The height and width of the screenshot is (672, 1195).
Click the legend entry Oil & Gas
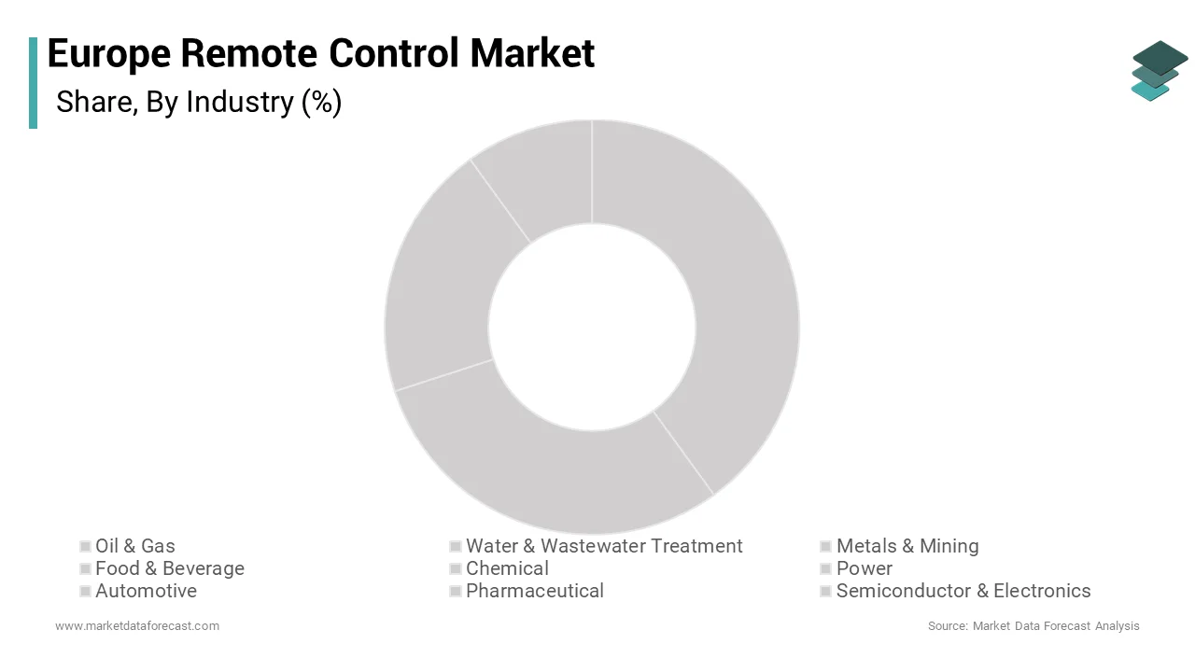tap(134, 546)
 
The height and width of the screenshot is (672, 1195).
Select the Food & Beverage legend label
tap(169, 568)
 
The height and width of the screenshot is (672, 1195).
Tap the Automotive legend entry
tap(146, 591)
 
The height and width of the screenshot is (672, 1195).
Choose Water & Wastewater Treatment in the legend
tap(603, 546)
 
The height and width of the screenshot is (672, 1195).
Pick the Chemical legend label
tap(507, 568)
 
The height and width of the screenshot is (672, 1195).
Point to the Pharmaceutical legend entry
tap(534, 591)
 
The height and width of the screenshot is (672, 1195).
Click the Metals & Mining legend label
tap(907, 546)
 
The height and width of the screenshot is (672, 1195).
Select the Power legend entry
tap(864, 568)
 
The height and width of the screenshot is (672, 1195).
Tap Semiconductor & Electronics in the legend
tap(963, 591)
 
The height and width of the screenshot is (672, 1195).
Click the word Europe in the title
tap(108, 53)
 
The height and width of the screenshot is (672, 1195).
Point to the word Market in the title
tap(532, 53)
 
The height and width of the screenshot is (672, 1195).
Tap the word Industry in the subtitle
tap(240, 102)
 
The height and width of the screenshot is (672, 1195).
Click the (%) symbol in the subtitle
tap(321, 102)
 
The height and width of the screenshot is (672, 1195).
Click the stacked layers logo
tap(1159, 70)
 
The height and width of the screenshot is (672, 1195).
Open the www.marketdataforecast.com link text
tap(137, 625)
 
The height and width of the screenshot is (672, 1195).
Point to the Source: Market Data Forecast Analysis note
tap(1033, 625)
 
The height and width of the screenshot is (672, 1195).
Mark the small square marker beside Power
tap(826, 568)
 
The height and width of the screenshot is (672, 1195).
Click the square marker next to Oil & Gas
tap(85, 546)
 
